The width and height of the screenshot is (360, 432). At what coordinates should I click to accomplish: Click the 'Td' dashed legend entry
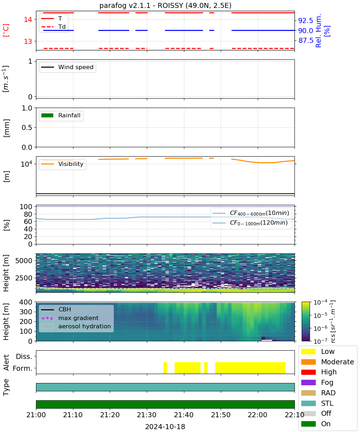53,27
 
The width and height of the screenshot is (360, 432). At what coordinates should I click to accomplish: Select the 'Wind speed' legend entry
67,67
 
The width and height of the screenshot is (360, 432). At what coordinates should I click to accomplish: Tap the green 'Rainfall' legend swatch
47,116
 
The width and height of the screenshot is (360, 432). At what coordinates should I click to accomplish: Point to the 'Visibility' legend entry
62,164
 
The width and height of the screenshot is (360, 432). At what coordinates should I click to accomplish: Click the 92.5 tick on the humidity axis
305,21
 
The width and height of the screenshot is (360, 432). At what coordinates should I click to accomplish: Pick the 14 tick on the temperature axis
28,19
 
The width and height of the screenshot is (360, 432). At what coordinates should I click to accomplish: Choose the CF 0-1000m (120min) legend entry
250,223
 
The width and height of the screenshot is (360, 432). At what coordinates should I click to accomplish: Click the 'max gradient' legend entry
70,318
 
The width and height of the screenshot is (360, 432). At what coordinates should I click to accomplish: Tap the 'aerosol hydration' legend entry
76,326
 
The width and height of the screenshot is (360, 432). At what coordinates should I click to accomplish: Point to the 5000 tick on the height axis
24,261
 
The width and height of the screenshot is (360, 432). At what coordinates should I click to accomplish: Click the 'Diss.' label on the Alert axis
24,356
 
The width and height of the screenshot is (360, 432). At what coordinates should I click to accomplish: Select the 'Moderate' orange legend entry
328,362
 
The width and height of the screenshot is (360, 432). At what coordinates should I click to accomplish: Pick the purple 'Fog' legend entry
317,382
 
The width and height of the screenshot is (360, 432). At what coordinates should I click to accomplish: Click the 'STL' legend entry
317,403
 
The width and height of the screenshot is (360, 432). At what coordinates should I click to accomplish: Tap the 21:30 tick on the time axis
147,415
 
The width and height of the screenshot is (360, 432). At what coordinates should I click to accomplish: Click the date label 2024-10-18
165,427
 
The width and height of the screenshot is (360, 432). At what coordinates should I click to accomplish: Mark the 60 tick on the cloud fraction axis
28,222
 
